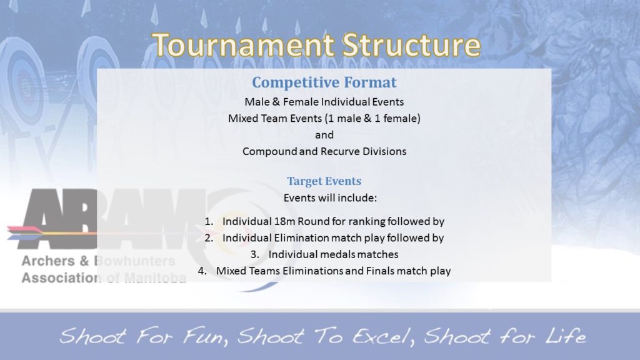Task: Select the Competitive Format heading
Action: pos(324,82)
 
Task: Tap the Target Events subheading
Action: pos(324,181)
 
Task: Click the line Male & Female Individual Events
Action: pos(324,102)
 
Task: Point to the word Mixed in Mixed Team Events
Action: pos(242,118)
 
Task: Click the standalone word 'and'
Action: pos(324,135)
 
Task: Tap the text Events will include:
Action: pos(324,198)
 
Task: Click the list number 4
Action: pos(202,271)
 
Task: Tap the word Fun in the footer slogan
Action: pos(194,337)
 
